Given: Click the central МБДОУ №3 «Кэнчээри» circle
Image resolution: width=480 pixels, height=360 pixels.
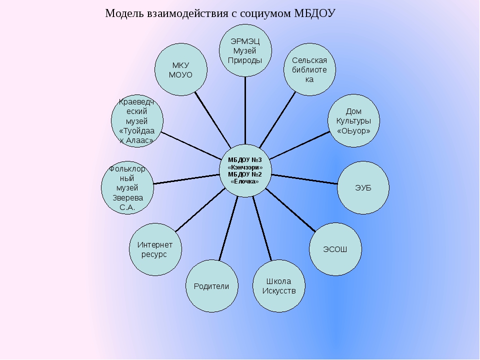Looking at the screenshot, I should point(245,170).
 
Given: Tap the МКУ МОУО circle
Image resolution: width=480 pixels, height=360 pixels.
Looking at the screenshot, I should point(181,69).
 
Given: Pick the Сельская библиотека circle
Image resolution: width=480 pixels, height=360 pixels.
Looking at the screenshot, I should point(309,69).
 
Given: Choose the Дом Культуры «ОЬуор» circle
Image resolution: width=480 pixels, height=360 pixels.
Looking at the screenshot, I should point(354,121).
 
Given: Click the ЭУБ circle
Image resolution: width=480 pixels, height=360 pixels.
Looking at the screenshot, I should point(363,187).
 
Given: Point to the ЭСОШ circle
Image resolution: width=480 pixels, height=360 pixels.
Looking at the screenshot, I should point(335,249).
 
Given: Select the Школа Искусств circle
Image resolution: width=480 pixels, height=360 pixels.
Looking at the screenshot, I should point(279,286).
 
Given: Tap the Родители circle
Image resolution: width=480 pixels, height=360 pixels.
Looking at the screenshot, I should point(211,286).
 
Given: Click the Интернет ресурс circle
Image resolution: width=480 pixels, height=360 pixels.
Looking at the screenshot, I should point(155,249).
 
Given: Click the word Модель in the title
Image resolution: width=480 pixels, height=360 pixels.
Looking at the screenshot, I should point(123,13).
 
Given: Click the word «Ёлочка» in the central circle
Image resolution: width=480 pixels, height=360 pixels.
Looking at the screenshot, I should point(245,181).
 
